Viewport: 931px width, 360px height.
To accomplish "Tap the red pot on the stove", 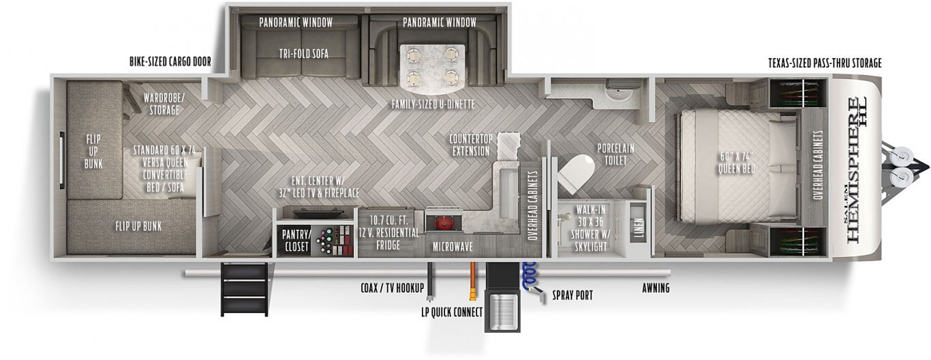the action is pos(442,224).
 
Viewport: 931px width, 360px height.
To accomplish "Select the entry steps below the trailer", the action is pos(244,289).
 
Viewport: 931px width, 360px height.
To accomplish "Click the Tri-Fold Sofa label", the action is pos(304,54).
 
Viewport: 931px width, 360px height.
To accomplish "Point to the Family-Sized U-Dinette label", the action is pos(433,104).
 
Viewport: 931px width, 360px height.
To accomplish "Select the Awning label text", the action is pos(656,288).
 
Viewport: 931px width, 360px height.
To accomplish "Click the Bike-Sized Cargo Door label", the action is pos(170,62).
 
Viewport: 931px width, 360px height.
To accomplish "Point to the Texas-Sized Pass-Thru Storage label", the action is pos(825,63).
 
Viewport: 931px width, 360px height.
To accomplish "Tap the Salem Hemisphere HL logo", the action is pos(855,170).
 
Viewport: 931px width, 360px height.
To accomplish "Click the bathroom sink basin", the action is pos(620,95).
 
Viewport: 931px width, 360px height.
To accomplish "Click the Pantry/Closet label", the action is pos(296,240).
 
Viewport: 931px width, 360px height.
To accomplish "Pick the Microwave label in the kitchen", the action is pos(453,247).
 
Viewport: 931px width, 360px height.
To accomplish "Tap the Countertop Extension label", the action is pos(471,145).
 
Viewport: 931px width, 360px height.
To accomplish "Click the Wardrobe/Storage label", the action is pos(164,104).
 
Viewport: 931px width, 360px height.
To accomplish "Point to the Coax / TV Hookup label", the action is pos(393,288).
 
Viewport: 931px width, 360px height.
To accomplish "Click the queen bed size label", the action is pos(737,162).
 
